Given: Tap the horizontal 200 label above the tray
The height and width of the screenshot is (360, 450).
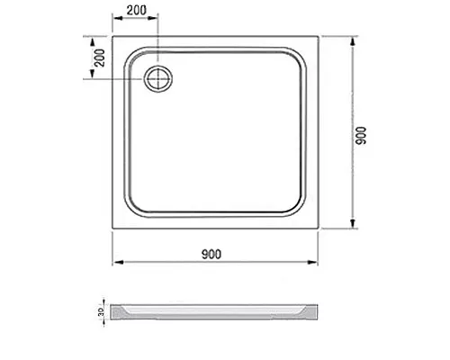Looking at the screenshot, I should coord(136,10).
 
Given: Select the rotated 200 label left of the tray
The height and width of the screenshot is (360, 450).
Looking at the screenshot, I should coord(100,58).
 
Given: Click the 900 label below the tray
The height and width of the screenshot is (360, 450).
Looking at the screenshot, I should coord(212,254).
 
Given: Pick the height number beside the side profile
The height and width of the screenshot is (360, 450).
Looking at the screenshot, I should coord(100,313).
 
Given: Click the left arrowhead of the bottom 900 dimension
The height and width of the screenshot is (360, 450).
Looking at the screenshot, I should coord(115,264).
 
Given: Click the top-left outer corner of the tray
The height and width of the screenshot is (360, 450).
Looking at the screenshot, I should coord(112,37).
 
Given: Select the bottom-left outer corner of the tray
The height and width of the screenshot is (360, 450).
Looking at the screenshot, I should coord(112,233).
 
